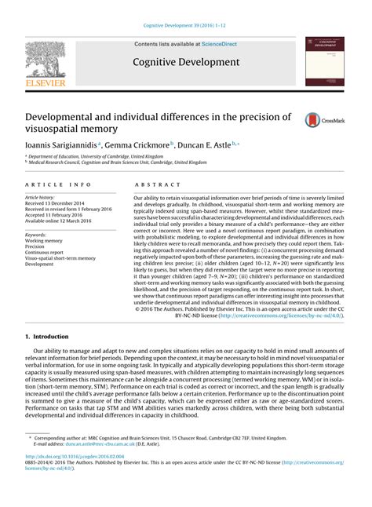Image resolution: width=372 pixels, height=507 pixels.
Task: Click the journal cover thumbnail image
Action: tap(326, 60)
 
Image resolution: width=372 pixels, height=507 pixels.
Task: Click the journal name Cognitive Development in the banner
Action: tap(185, 60)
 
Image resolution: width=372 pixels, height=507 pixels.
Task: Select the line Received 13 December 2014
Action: tap(60, 203)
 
